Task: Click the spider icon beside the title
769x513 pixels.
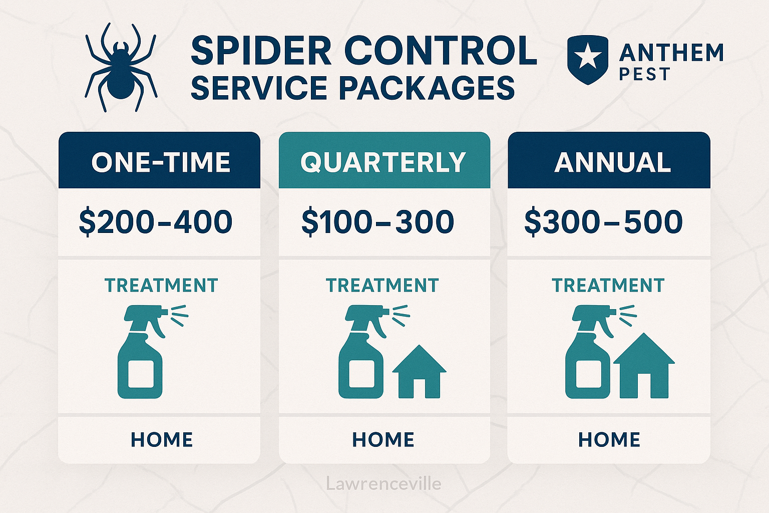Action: tap(120, 68)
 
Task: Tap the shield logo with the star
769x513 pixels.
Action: tap(588, 59)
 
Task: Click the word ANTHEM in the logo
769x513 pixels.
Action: tap(671, 53)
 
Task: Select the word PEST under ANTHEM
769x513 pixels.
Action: tap(644, 75)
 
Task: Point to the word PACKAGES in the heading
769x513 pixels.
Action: tap(427, 88)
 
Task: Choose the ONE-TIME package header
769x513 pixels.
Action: tap(160, 162)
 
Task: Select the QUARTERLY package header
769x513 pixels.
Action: tap(383, 162)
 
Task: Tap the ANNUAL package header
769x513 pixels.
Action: tap(612, 162)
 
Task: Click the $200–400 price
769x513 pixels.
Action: tap(156, 222)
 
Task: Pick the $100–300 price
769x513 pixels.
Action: tap(377, 222)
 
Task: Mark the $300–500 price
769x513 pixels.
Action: tap(603, 222)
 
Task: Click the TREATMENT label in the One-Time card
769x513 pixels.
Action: tap(161, 286)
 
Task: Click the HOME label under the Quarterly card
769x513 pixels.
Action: tap(383, 440)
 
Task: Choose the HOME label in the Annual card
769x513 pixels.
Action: tap(609, 440)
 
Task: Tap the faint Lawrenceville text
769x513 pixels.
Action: tap(383, 484)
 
